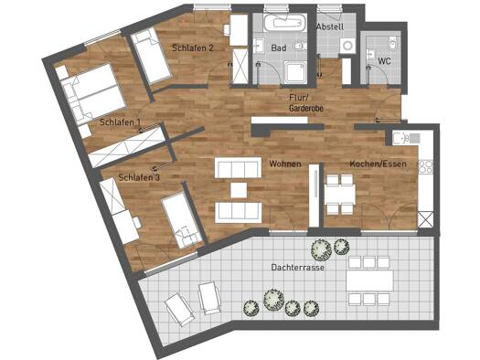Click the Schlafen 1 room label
[120, 122]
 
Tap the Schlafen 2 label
[193, 48]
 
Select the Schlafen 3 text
[139, 177]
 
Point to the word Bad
[279, 48]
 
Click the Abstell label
[330, 26]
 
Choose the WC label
[385, 61]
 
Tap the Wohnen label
[285, 164]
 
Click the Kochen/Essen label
[379, 164]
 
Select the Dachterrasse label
[297, 268]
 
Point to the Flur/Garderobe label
[306, 102]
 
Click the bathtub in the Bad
[285, 22]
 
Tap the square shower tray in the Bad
[295, 72]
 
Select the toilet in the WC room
[392, 44]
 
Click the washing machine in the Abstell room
[347, 46]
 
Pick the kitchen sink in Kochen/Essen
[400, 139]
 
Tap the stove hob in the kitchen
[425, 167]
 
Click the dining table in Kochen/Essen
[340, 195]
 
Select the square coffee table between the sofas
[239, 190]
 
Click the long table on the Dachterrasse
[369, 281]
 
